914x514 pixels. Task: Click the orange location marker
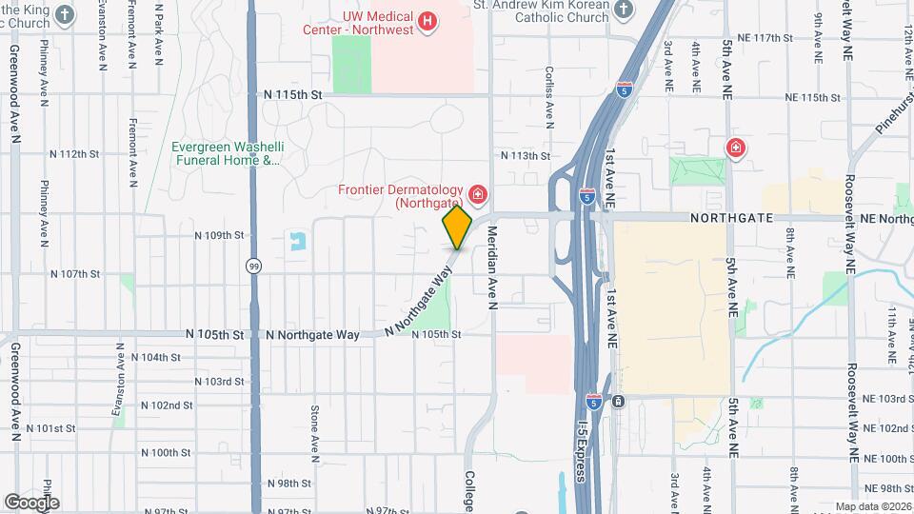pos(457,227)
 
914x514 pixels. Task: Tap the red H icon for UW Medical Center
pos(427,20)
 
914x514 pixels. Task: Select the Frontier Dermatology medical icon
pos(477,197)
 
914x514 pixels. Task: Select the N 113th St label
pos(526,155)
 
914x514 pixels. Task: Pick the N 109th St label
pos(219,234)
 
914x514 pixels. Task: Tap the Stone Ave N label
pos(313,428)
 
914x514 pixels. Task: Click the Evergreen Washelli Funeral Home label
pos(226,154)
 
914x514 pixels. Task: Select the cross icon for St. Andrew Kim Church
pos(624,10)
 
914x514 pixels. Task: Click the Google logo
pos(31,502)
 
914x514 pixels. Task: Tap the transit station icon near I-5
pos(619,401)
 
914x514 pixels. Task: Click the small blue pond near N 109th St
pos(299,241)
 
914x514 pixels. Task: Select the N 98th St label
pos(289,484)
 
